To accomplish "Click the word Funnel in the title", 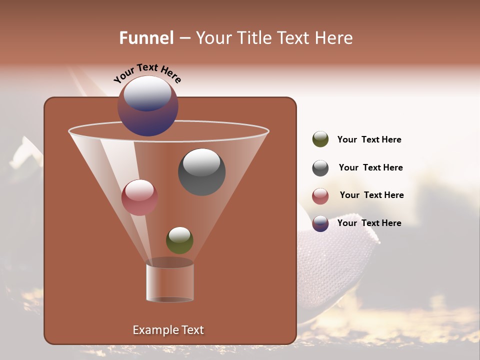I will click(x=146, y=38).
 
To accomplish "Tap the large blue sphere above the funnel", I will click(x=148, y=106).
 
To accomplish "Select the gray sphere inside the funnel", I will click(x=201, y=172).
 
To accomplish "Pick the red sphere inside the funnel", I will click(x=139, y=197).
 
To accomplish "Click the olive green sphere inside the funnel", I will click(x=179, y=240).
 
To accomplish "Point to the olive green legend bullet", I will click(x=320, y=139).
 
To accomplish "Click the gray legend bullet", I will click(x=320, y=168).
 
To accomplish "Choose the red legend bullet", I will click(x=320, y=196).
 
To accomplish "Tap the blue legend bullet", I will click(x=320, y=223).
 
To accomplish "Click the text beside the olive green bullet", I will click(x=369, y=140).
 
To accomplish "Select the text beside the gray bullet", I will click(x=370, y=168).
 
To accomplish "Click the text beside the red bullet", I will click(x=371, y=195).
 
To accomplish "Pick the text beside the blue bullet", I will click(x=369, y=223).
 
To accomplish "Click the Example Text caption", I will click(x=168, y=330).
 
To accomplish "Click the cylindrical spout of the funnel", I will click(x=170, y=282).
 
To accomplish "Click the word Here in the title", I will click(x=333, y=38).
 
